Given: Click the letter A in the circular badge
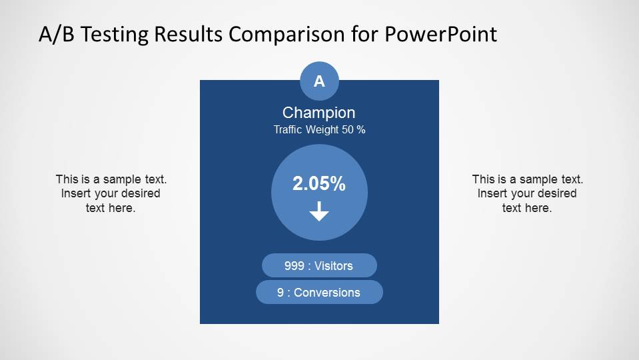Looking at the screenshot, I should pos(319,81).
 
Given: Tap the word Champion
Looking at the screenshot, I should pos(319,113).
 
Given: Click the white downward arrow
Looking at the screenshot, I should pos(319,213).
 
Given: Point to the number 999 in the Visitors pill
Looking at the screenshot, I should pos(294,266).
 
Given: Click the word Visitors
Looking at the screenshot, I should pos(333,266).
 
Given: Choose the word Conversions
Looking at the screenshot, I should pos(326,293).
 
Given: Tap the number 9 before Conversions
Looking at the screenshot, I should pos(281,293).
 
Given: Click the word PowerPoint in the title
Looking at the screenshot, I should pos(440,35).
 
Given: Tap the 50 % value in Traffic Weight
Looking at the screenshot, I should pos(353,130).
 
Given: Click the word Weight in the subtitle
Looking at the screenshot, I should pos(322,130).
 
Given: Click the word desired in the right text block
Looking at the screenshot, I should pos(555,194).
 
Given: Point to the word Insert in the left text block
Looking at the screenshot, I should pos(75,194).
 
